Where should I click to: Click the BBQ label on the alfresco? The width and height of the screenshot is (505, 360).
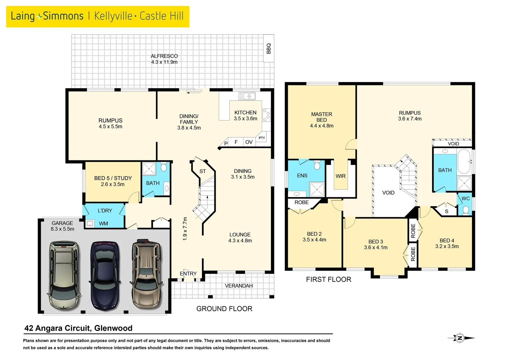pyautogui.click(x=269, y=49)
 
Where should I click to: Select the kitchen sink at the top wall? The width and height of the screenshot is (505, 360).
pyautogui.click(x=247, y=96)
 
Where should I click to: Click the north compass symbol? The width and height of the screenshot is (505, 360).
pyautogui.click(x=460, y=338)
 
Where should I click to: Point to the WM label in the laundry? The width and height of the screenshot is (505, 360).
pyautogui.click(x=103, y=224)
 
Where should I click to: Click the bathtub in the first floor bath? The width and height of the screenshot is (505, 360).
pyautogui.click(x=464, y=161)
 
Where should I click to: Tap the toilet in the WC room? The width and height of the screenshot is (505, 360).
pyautogui.click(x=466, y=210)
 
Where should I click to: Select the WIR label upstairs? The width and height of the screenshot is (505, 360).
pyautogui.click(x=340, y=176)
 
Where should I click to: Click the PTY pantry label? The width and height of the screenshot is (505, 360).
pyautogui.click(x=262, y=138)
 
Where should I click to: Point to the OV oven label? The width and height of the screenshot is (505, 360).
pyautogui.click(x=249, y=142)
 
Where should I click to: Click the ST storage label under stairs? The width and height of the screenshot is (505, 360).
pyautogui.click(x=203, y=171)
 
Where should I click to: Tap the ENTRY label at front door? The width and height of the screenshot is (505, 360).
pyautogui.click(x=188, y=274)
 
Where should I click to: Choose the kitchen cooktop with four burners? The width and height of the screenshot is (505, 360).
pyautogui.click(x=266, y=115)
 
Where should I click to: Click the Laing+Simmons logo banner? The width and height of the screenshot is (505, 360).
pyautogui.click(x=98, y=16)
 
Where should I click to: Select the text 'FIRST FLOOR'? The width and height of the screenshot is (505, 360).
pyautogui.click(x=328, y=279)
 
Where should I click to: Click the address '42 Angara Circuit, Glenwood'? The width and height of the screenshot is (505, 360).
pyautogui.click(x=78, y=328)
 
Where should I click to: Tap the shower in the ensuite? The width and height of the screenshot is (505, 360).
pyautogui.click(x=317, y=189)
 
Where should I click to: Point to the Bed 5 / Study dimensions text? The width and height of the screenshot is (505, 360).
pyautogui.click(x=113, y=184)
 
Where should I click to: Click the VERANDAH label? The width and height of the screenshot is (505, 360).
pyautogui.click(x=239, y=286)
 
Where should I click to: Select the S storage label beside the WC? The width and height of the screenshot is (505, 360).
pyautogui.click(x=446, y=211)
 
